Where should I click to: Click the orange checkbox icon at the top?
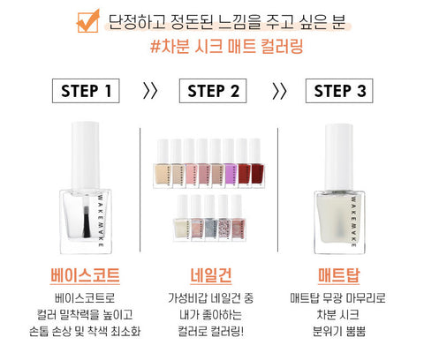tap(87, 21)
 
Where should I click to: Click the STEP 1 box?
tap(86, 91)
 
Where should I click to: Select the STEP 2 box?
tap(213, 91)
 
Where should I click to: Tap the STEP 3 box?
tap(339, 91)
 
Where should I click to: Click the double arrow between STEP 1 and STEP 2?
tap(150, 91)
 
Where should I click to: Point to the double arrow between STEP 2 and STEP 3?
tap(279, 91)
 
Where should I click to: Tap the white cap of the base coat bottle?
tap(85, 156)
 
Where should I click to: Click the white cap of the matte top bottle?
tap(339, 157)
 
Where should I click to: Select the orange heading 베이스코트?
tap(85, 275)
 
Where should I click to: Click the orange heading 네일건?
tap(211, 275)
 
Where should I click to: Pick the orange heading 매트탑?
tap(339, 275)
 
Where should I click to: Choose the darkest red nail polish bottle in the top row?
tap(257, 163)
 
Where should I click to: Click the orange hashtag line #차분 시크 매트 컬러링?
tap(226, 47)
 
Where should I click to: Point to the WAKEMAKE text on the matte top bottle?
tap(353, 221)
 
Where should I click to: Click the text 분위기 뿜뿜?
tap(339, 332)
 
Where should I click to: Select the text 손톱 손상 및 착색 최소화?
tap(85, 332)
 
